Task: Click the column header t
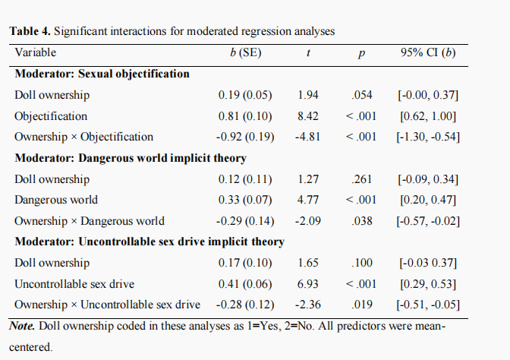[x=308, y=53]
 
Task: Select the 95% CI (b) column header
[x=428, y=52]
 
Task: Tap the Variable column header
[x=36, y=52]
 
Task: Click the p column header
[x=361, y=54]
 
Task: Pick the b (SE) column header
[x=246, y=52]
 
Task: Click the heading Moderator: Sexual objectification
[x=102, y=74]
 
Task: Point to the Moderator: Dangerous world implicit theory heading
[x=131, y=158]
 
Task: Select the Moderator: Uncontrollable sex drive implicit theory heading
[x=150, y=242]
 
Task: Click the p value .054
[x=362, y=95]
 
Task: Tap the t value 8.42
[x=308, y=116]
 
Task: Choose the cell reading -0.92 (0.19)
[x=245, y=137]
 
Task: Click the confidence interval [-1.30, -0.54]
[x=428, y=137]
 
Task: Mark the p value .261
[x=362, y=179]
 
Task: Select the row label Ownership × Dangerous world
[x=90, y=221]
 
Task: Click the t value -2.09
[x=308, y=221]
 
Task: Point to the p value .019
[x=362, y=305]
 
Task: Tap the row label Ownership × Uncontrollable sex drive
[x=107, y=305]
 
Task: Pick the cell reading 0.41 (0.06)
[x=245, y=284]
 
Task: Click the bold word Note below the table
[x=22, y=326]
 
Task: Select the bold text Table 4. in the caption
[x=30, y=31]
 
